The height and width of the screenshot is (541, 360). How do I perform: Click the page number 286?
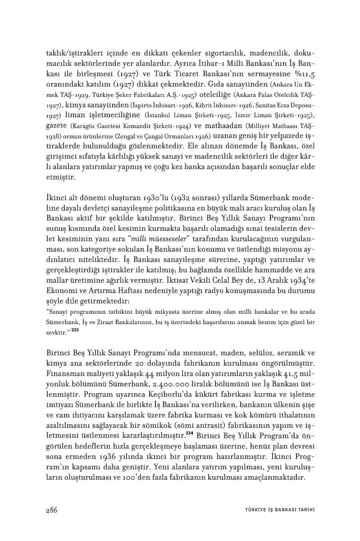pyautogui.click(x=51, y=510)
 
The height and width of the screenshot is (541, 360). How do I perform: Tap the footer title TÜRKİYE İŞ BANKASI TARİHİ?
pyautogui.click(x=276, y=510)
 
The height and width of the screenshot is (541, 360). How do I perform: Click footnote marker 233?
pyautogui.click(x=75, y=330)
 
